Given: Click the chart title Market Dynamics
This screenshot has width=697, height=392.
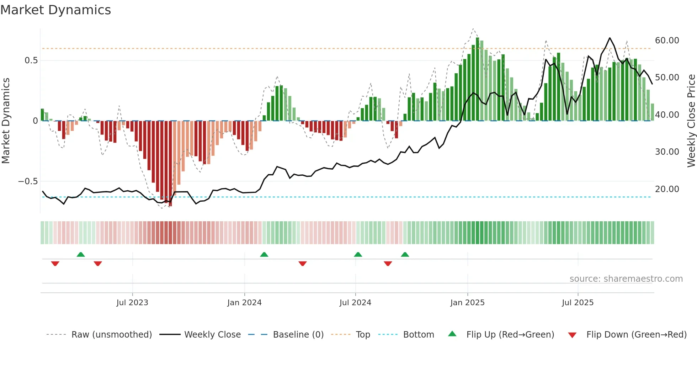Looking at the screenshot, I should tap(55, 10).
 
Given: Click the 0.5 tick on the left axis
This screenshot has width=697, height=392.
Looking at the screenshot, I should tap(31, 60).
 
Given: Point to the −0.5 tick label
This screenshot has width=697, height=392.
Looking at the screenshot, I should tap(28, 181).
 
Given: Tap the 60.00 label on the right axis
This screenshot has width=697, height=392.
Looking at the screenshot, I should tap(667, 41).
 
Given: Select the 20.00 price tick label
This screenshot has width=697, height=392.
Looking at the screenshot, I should tap(667, 189).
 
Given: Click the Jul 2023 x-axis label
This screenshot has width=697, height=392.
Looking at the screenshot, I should tap(132, 303).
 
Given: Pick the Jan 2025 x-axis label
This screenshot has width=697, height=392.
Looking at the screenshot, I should tap(467, 303).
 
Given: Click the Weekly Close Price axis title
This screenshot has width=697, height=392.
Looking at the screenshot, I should tap(691, 121).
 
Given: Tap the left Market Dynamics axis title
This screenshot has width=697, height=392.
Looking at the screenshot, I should tap(6, 121).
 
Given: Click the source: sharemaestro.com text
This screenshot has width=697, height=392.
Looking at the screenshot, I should tap(626, 279).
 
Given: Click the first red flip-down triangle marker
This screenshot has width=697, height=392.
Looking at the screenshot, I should tap(55, 264).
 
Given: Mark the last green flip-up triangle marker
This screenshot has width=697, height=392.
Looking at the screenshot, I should tap(405, 254).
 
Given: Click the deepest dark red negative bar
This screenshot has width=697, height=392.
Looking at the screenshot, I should tap(170, 164).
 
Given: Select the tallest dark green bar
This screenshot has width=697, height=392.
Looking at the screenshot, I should tap(478, 79).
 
